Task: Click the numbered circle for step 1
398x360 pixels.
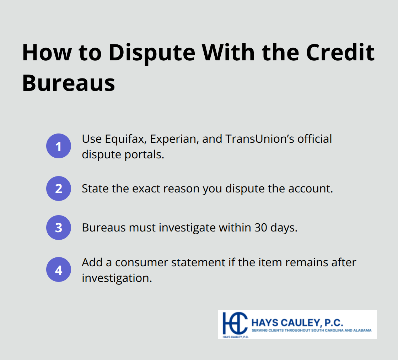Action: click(59, 146)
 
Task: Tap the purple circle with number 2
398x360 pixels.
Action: click(59, 189)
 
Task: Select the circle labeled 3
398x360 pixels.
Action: click(59, 228)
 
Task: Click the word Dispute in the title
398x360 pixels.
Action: click(152, 53)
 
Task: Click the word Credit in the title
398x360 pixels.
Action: click(340, 53)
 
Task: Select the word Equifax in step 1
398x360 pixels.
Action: click(125, 139)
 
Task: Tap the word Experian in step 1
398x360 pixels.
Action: click(173, 139)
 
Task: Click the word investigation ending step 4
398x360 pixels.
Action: click(117, 278)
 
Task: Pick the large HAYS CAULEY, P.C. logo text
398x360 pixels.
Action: click(297, 323)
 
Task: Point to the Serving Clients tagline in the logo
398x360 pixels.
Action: click(311, 330)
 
